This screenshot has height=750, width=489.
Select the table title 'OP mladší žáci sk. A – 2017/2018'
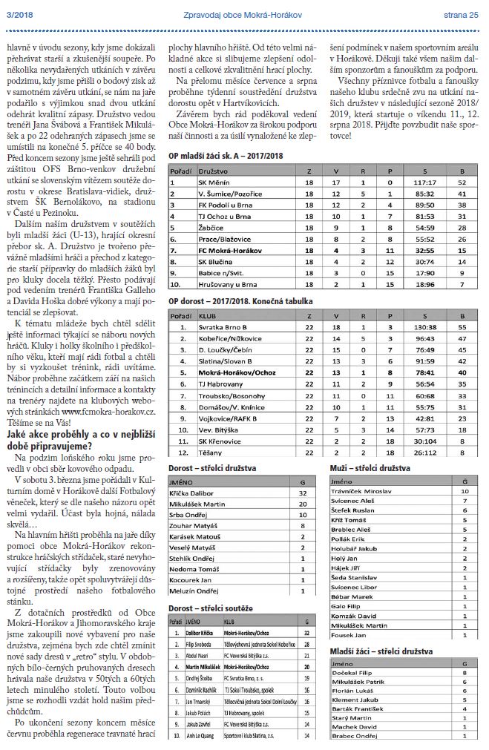point(226,156)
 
